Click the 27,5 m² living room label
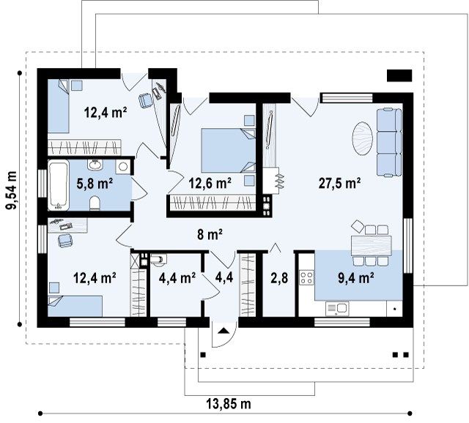[x=339, y=183]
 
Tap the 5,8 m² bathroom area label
[x=95, y=184]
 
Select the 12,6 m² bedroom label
[x=210, y=183]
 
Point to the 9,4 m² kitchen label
[x=356, y=278]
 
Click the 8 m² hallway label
[x=210, y=234]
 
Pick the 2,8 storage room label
[x=280, y=278]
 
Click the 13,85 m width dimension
[x=229, y=404]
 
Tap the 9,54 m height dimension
[x=12, y=190]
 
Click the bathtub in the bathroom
[x=59, y=185]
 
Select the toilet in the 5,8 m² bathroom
[x=95, y=203]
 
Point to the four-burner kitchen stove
[x=307, y=277]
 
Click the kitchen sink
[x=337, y=309]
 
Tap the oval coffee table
[x=363, y=138]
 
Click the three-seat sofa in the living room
[x=389, y=143]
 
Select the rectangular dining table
[x=372, y=246]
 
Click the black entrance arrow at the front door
[x=224, y=330]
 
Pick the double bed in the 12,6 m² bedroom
[x=228, y=151]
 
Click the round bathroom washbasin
[x=95, y=164]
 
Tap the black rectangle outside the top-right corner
[x=399, y=75]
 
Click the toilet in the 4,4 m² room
[x=158, y=260]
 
